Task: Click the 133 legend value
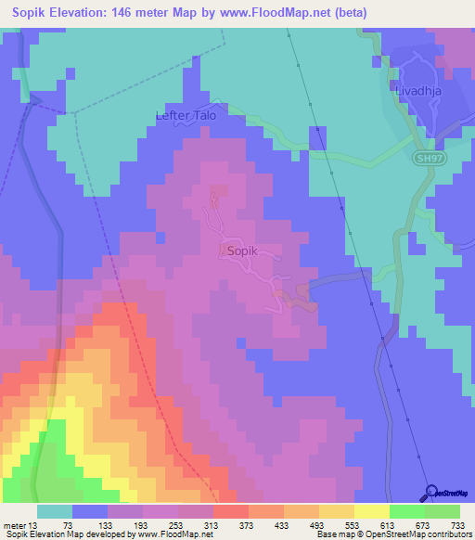(107, 525)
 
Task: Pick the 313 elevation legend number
(212, 525)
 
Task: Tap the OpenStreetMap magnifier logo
(431, 493)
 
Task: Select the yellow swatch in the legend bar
(371, 511)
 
